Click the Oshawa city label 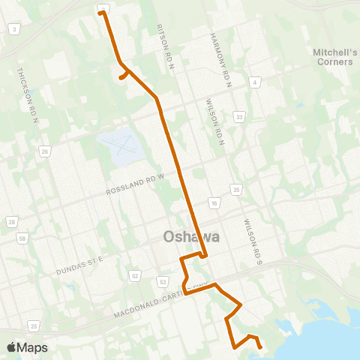pyautogui.click(x=191, y=237)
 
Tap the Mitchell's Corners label pyautogui.click(x=332, y=57)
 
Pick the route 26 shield pyautogui.click(x=45, y=151)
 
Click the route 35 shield pyautogui.click(x=235, y=189)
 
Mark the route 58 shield pyautogui.click(x=22, y=239)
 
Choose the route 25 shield pyautogui.click(x=34, y=325)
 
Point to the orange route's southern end pyautogui.click(x=260, y=347)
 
